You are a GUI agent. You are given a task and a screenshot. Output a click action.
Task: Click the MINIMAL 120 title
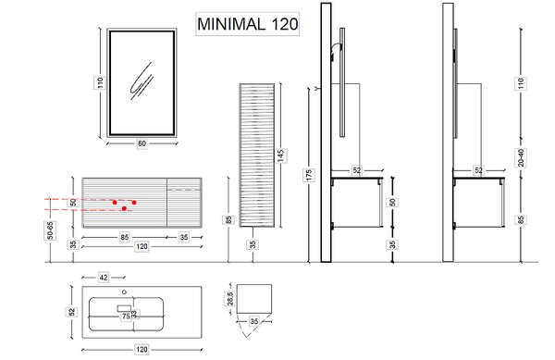tap(247, 24)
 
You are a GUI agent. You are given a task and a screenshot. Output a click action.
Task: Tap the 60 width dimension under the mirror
tap(142, 143)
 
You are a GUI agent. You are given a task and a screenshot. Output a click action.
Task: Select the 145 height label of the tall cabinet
tap(280, 155)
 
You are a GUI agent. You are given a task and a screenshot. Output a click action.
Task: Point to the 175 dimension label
tap(308, 175)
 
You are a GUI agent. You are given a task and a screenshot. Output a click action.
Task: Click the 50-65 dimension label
tap(50, 230)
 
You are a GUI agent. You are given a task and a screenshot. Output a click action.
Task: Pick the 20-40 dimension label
tap(521, 157)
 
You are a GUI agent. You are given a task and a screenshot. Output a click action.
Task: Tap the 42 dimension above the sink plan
tap(103, 278)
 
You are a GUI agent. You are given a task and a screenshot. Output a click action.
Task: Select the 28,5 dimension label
tap(230, 298)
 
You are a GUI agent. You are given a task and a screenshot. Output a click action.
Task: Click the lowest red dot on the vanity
tap(124, 208)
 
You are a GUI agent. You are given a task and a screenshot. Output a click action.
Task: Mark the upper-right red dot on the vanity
tap(134, 203)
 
